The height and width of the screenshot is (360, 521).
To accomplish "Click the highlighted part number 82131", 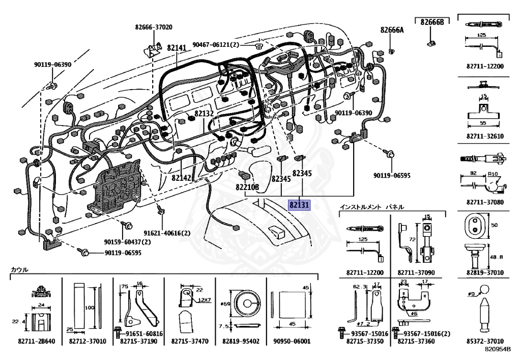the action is click(x=299, y=205).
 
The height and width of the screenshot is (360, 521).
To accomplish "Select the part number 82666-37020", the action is click(x=154, y=27).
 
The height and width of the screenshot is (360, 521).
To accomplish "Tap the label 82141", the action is click(x=177, y=48).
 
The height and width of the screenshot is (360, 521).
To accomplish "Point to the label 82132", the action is click(x=204, y=114).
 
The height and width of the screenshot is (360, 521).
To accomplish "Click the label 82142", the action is click(x=182, y=178).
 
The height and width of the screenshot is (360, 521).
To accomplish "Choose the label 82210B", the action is click(x=247, y=187).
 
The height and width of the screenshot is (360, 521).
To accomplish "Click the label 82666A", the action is click(x=392, y=30).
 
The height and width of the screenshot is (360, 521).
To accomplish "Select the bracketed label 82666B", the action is click(x=432, y=22).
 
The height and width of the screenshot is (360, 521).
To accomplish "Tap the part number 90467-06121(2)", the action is click(x=216, y=44).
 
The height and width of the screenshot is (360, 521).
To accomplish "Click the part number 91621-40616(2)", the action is click(x=167, y=233).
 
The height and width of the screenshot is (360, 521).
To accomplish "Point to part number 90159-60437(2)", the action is click(x=127, y=242).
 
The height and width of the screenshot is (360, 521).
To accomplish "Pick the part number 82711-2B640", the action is click(x=37, y=341).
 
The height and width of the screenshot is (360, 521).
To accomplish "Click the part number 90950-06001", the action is click(x=292, y=341).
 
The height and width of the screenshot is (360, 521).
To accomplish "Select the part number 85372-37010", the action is click(x=485, y=341).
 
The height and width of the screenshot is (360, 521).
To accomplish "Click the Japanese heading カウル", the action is click(x=20, y=269).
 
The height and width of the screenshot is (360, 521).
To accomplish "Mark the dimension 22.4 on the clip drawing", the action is click(x=19, y=321).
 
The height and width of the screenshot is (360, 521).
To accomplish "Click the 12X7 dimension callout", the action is click(x=205, y=300).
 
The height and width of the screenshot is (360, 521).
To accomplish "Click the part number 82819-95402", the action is click(x=241, y=341).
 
